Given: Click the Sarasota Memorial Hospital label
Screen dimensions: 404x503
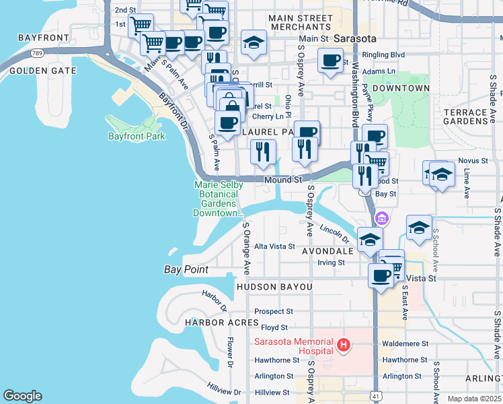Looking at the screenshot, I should (293, 345).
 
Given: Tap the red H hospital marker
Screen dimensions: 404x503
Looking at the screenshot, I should (344, 346).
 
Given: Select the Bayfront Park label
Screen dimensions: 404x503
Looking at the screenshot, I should (137, 136).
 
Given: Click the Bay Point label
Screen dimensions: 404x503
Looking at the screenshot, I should (186, 269).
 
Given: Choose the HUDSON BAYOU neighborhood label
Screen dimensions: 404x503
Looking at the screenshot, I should (274, 287).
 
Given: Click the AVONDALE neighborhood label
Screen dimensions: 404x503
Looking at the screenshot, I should (327, 250).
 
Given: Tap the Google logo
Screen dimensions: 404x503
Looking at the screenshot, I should (22, 396).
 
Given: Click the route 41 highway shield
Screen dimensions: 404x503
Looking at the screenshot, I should (375, 398).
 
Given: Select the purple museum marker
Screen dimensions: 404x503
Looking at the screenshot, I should (382, 218).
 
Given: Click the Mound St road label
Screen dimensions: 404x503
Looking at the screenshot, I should (282, 180).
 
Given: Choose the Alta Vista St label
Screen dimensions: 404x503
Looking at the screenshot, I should (274, 246).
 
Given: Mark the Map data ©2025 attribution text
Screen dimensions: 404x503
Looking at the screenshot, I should (475, 399).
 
